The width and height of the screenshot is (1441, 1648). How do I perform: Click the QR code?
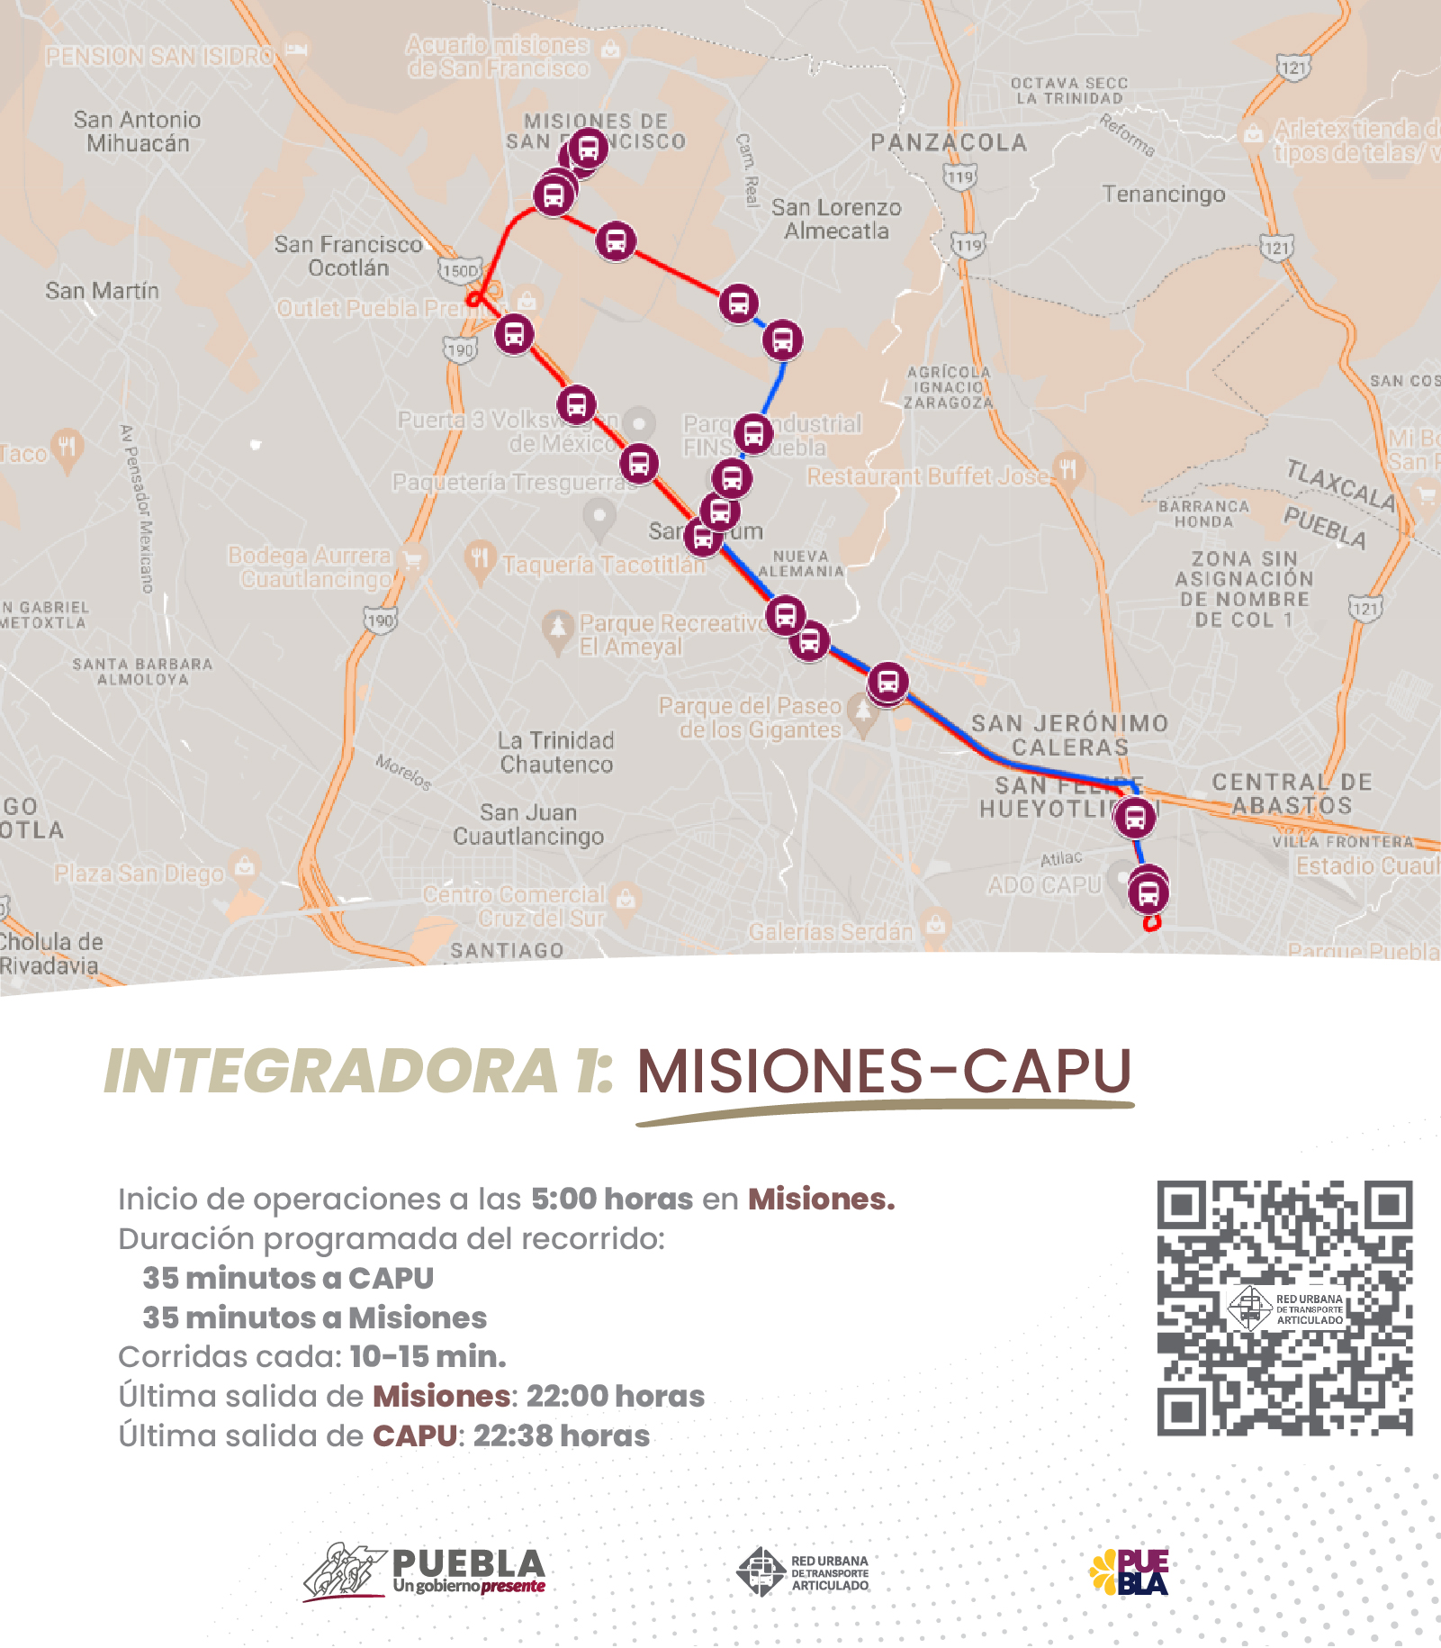tap(1284, 1307)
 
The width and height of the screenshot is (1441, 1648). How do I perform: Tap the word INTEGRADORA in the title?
tap(330, 1072)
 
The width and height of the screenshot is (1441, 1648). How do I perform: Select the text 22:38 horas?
tap(561, 1435)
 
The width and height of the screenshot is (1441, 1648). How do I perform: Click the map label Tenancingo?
tap(1164, 195)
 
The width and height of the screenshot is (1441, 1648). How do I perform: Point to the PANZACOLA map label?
tap(949, 142)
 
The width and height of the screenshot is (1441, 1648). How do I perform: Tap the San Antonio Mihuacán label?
tap(137, 131)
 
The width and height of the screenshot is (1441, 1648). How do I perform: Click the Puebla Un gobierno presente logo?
tap(424, 1571)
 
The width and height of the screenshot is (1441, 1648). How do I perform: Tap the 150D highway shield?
tap(460, 270)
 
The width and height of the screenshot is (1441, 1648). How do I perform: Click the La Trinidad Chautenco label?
tap(556, 753)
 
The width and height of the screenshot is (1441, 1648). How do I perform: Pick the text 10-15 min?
tap(428, 1356)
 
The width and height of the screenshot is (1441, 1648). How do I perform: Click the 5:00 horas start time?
tap(612, 1199)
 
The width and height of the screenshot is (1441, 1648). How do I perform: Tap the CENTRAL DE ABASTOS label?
tap(1292, 793)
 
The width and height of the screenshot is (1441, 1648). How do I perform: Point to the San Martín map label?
tap(102, 291)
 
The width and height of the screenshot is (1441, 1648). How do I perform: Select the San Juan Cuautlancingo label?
tap(528, 825)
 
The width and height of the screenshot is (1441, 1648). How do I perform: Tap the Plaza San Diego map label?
tap(140, 874)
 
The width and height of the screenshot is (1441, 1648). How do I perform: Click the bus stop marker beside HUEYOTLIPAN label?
tap(1135, 818)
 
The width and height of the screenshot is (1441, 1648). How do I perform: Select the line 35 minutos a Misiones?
tap(314, 1317)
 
